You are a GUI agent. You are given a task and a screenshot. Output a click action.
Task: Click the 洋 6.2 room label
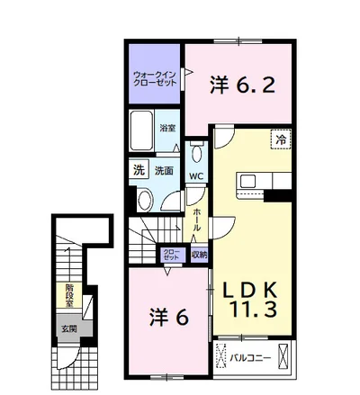coord(242,85)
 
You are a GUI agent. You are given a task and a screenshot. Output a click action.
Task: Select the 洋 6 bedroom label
coord(169,318)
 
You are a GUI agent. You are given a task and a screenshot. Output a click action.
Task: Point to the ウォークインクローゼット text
coord(155,79)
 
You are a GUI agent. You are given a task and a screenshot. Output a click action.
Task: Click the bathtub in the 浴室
coord(141,130)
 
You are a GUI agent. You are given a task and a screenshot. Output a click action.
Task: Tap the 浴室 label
coord(167,129)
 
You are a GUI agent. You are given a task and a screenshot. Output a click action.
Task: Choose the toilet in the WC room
coord(197,152)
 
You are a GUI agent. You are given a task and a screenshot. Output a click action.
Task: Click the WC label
coord(196,176)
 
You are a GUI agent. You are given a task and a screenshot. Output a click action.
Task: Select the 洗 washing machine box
coord(139,171)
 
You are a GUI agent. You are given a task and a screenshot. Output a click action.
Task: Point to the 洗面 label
coord(164,171)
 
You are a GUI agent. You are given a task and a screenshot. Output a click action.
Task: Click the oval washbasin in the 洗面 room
coord(146,199)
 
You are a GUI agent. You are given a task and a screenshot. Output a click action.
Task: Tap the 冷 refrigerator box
coord(281,139)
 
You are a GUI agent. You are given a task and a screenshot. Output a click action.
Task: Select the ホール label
coord(197,220)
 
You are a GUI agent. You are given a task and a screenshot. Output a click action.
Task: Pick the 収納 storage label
coord(200,255)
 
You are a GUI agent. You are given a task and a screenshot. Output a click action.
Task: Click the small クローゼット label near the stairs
coord(171,255)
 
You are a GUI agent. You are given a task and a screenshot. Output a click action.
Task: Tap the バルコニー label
coord(251,357)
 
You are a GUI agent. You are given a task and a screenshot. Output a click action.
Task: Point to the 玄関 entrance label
coord(69,329)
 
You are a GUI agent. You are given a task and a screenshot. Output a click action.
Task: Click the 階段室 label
coord(69,296)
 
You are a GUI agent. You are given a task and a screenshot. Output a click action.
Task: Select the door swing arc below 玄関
coord(73,362)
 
